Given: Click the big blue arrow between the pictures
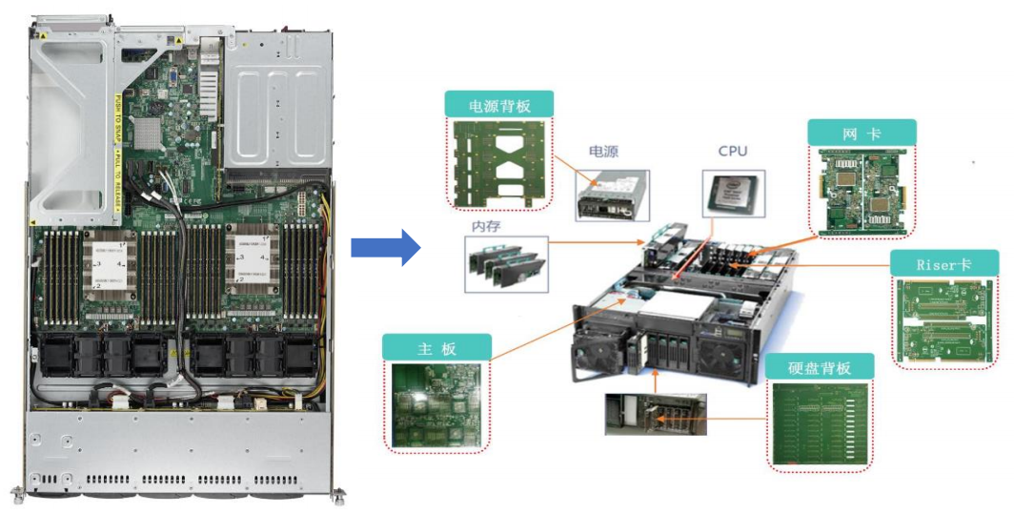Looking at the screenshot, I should click(x=384, y=248).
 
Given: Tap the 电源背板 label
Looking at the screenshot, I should click(x=499, y=105).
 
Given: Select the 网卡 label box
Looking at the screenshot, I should click(x=862, y=134).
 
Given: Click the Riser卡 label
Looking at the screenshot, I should click(x=943, y=264).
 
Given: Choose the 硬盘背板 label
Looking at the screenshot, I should click(x=819, y=367).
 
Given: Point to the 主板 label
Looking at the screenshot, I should click(x=437, y=348).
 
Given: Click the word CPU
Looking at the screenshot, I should click(x=733, y=151).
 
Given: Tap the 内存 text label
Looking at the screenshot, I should click(x=486, y=226).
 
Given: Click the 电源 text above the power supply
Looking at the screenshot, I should click(x=603, y=152).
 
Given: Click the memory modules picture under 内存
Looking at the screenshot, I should click(x=507, y=262).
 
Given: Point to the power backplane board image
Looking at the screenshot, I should click(x=499, y=159).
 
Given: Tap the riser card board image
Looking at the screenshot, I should click(x=943, y=319).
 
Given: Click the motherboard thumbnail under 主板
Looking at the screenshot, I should click(x=437, y=402).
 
